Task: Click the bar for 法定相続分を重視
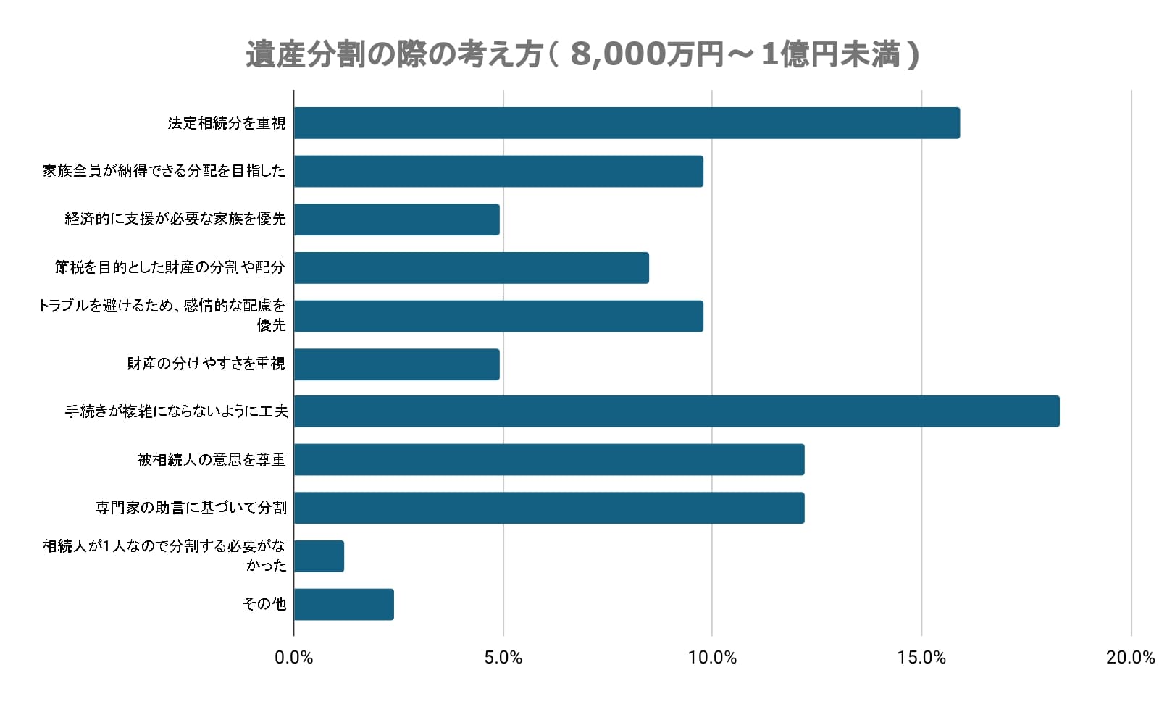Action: coord(627,123)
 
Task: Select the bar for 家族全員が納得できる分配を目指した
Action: coord(498,171)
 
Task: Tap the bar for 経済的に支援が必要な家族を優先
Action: coord(397,219)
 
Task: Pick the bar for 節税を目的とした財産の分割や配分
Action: coord(472,267)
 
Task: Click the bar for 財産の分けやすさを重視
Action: coord(397,364)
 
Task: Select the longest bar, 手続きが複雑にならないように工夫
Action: coord(677,411)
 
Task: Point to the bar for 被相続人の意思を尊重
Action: coord(549,460)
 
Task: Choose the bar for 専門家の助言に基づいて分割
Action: coord(549,508)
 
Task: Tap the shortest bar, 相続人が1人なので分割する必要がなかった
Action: coord(319,556)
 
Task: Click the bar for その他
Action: coord(344,604)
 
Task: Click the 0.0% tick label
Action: coord(294,658)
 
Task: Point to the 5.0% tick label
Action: coord(503,658)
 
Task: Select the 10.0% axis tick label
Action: coord(712,658)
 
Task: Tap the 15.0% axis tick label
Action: coord(921,658)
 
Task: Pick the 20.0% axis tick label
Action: coord(1130,658)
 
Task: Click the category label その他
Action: coord(264,604)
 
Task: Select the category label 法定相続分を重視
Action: coord(227,123)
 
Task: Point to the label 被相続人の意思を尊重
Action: coord(212,460)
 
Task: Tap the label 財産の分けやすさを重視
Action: coord(206,364)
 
